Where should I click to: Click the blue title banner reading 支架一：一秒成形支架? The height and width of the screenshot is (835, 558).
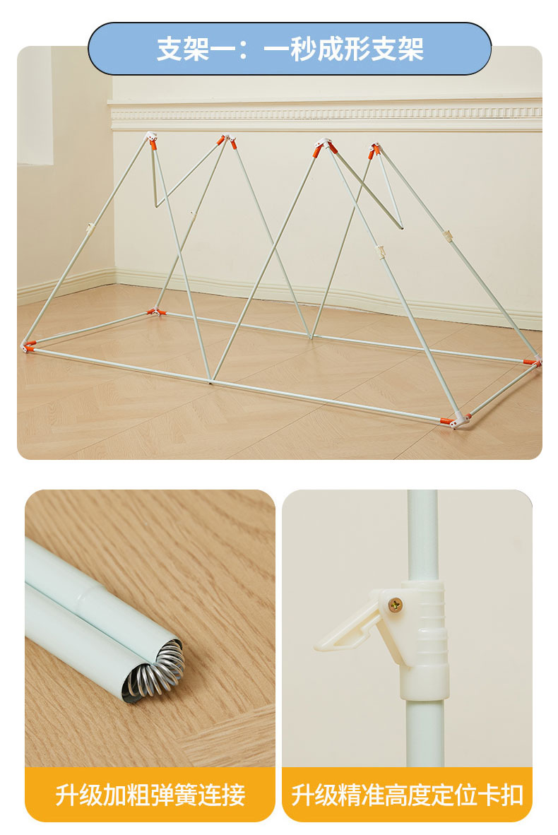tap(289, 49)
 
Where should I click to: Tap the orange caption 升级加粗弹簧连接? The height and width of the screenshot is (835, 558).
tap(150, 795)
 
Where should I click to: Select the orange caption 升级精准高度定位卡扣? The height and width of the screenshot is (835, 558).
tap(408, 795)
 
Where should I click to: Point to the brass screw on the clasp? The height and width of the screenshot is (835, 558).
tap(395, 605)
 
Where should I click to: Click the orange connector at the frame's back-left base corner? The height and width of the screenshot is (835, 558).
tap(156, 312)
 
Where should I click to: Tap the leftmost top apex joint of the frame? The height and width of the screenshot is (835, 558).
tap(151, 140)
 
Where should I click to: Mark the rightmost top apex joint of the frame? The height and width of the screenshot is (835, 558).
tap(374, 150)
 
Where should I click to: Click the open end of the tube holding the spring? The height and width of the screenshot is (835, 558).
tap(155, 672)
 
